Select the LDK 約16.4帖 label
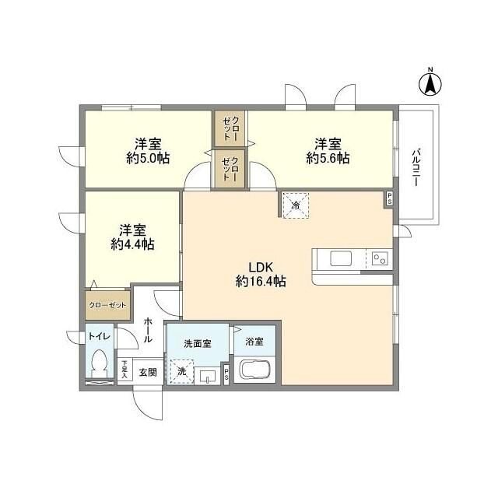(261, 275)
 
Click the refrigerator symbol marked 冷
(296, 205)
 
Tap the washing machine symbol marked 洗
(181, 370)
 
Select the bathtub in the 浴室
(254, 370)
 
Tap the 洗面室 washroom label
(198, 343)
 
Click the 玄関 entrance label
(148, 372)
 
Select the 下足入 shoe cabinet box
(124, 369)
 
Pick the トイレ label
(99, 336)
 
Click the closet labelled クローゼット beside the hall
(107, 306)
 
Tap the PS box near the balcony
(388, 200)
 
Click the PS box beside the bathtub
(226, 375)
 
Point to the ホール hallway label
(148, 329)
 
